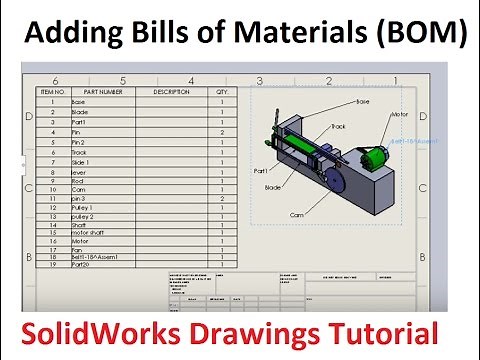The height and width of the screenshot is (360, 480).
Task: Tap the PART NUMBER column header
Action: click(x=103, y=91)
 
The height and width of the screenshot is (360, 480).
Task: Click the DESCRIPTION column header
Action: click(x=171, y=91)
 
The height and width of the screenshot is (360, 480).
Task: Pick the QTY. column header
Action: click(x=222, y=91)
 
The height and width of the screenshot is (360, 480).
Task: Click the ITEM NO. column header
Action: click(x=51, y=91)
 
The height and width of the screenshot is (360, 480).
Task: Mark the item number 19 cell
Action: click(x=51, y=265)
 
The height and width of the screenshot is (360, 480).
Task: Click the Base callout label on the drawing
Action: click(x=362, y=102)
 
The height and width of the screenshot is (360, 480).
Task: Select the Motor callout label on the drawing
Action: click(x=399, y=114)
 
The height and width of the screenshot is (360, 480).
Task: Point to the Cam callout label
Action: click(x=296, y=215)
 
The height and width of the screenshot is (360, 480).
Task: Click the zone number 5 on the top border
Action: click(x=122, y=79)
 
